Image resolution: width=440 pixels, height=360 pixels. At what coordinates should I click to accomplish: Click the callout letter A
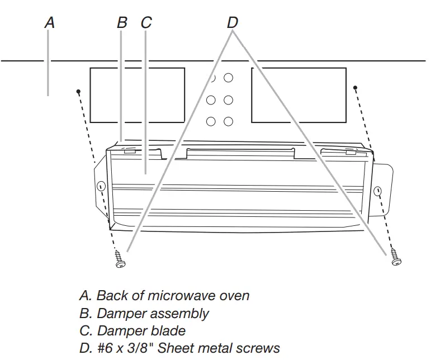(50, 22)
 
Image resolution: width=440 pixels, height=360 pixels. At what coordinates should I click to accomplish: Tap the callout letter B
(122, 22)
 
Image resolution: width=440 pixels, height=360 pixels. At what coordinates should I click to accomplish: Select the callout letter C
(146, 22)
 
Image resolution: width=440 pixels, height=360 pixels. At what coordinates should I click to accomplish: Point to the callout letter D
(233, 22)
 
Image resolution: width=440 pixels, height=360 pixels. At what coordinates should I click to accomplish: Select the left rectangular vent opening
(137, 95)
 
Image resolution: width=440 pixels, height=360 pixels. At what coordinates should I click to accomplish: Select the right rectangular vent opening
(299, 95)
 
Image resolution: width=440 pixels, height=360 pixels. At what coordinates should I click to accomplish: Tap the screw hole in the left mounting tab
(101, 187)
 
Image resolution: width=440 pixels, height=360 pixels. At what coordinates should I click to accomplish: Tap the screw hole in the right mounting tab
(379, 191)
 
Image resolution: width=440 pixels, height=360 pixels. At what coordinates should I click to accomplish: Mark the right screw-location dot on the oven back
(355, 87)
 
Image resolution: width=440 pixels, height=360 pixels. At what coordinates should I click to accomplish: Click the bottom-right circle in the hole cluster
(228, 121)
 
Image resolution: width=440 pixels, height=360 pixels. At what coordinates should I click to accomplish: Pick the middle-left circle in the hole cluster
(211, 100)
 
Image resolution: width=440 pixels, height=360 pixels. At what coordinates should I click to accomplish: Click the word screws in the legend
(257, 348)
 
